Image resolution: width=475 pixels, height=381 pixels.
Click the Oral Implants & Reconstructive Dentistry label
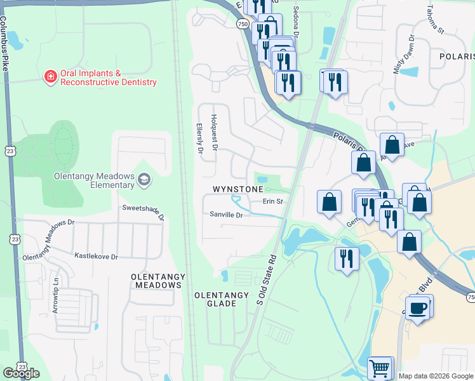(x=108, y=78)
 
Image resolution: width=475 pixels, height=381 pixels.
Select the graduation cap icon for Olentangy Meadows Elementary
(x=144, y=180)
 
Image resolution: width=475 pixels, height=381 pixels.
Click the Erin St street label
(x=272, y=202)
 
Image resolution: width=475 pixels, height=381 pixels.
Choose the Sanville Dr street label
(x=227, y=215)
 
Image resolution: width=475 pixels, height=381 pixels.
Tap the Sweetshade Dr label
(x=144, y=212)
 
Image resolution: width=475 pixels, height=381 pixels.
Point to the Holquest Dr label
(x=215, y=132)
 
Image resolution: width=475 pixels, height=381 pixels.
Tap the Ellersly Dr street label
(x=199, y=138)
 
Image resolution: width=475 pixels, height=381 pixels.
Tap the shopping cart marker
(x=379, y=367)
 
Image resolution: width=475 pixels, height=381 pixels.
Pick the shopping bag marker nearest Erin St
(x=329, y=202)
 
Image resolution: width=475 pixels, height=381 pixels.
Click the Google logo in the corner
(x=21, y=373)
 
